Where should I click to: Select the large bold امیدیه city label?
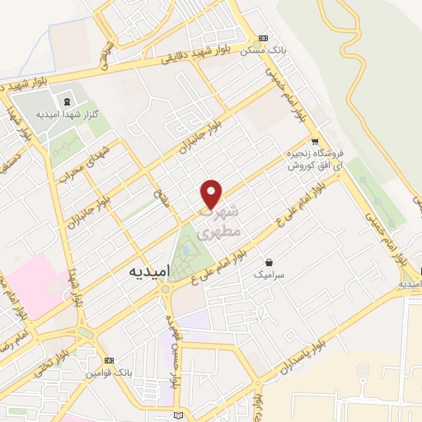pos(150,270)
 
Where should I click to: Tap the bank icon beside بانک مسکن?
pos(263,38)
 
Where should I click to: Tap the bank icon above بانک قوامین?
pos(109,361)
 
